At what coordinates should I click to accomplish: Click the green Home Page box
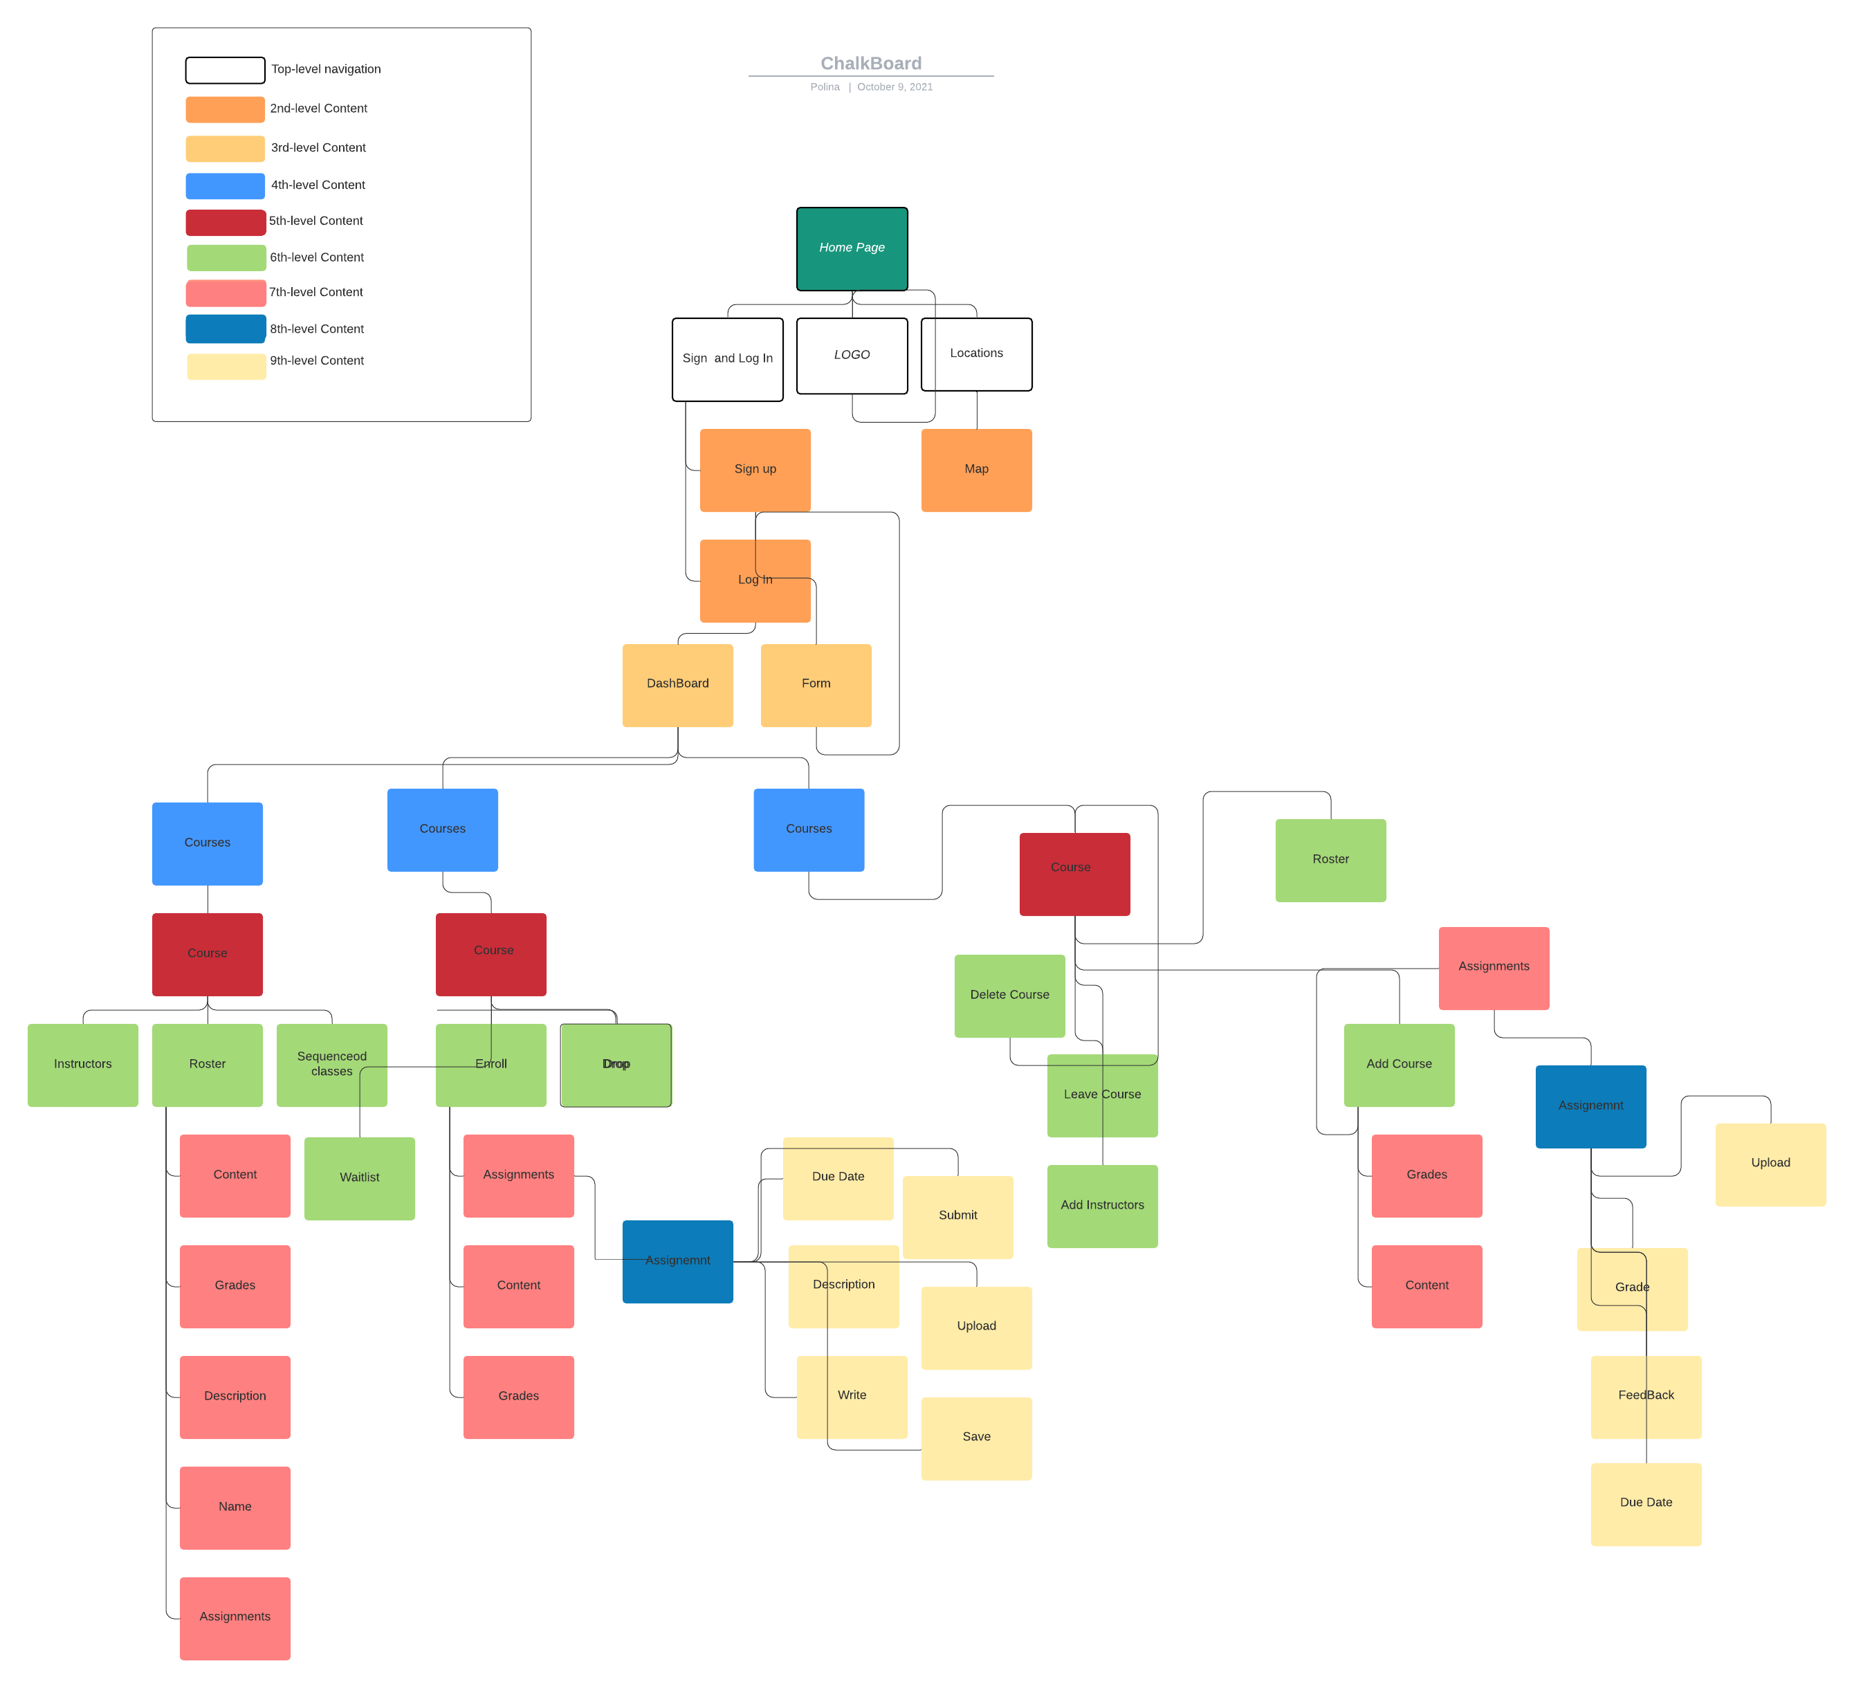point(852,248)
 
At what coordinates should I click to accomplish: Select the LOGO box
point(852,355)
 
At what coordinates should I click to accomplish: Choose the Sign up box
point(755,470)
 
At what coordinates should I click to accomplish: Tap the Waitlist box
point(360,1178)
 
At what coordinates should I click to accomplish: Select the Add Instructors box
point(1102,1206)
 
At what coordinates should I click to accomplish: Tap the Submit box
point(957,1216)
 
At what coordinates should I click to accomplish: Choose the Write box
point(852,1396)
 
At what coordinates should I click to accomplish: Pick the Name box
point(235,1507)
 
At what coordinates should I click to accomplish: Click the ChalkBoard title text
point(870,64)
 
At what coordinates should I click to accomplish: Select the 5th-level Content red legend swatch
point(226,221)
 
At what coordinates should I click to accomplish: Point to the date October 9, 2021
point(894,87)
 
